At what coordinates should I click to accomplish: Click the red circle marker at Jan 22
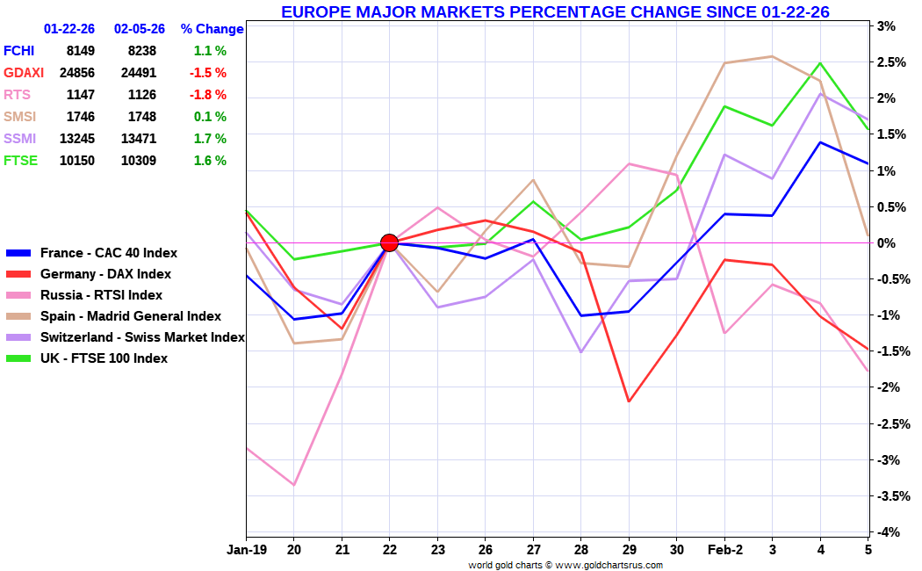389,242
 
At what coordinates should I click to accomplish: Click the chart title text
555,11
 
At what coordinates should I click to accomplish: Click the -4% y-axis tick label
885,532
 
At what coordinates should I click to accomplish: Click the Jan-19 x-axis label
246,550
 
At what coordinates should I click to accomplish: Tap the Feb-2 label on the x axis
724,550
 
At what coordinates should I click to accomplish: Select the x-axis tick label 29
629,550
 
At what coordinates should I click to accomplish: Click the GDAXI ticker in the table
22,73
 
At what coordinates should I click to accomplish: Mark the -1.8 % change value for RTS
208,95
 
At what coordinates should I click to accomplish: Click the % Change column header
212,29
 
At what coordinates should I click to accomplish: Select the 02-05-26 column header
140,29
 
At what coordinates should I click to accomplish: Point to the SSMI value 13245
76,139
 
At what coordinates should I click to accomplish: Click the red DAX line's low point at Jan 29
629,401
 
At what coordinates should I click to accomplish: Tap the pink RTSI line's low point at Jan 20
294,485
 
